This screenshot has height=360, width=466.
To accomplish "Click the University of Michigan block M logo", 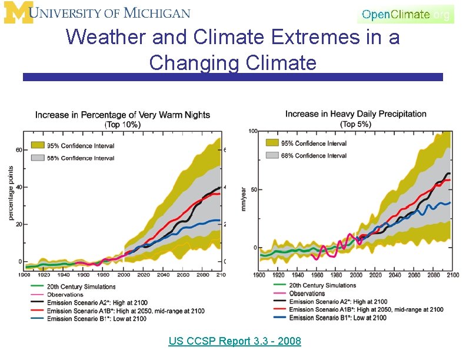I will [16, 12].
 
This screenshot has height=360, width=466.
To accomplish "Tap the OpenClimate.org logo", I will [405, 14].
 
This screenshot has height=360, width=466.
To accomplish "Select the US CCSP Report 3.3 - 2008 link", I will [234, 341].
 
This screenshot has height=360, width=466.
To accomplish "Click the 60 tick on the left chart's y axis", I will [19, 150].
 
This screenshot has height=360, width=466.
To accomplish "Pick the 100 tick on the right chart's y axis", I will [253, 131].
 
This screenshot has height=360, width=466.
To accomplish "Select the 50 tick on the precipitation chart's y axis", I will [254, 189].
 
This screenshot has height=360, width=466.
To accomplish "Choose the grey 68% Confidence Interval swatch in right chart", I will [272, 155].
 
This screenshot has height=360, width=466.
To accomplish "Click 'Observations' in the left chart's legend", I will [65, 295].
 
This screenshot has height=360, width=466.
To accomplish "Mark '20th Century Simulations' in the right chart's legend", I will [322, 285].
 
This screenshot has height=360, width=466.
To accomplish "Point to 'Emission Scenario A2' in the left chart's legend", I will [89, 302].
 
